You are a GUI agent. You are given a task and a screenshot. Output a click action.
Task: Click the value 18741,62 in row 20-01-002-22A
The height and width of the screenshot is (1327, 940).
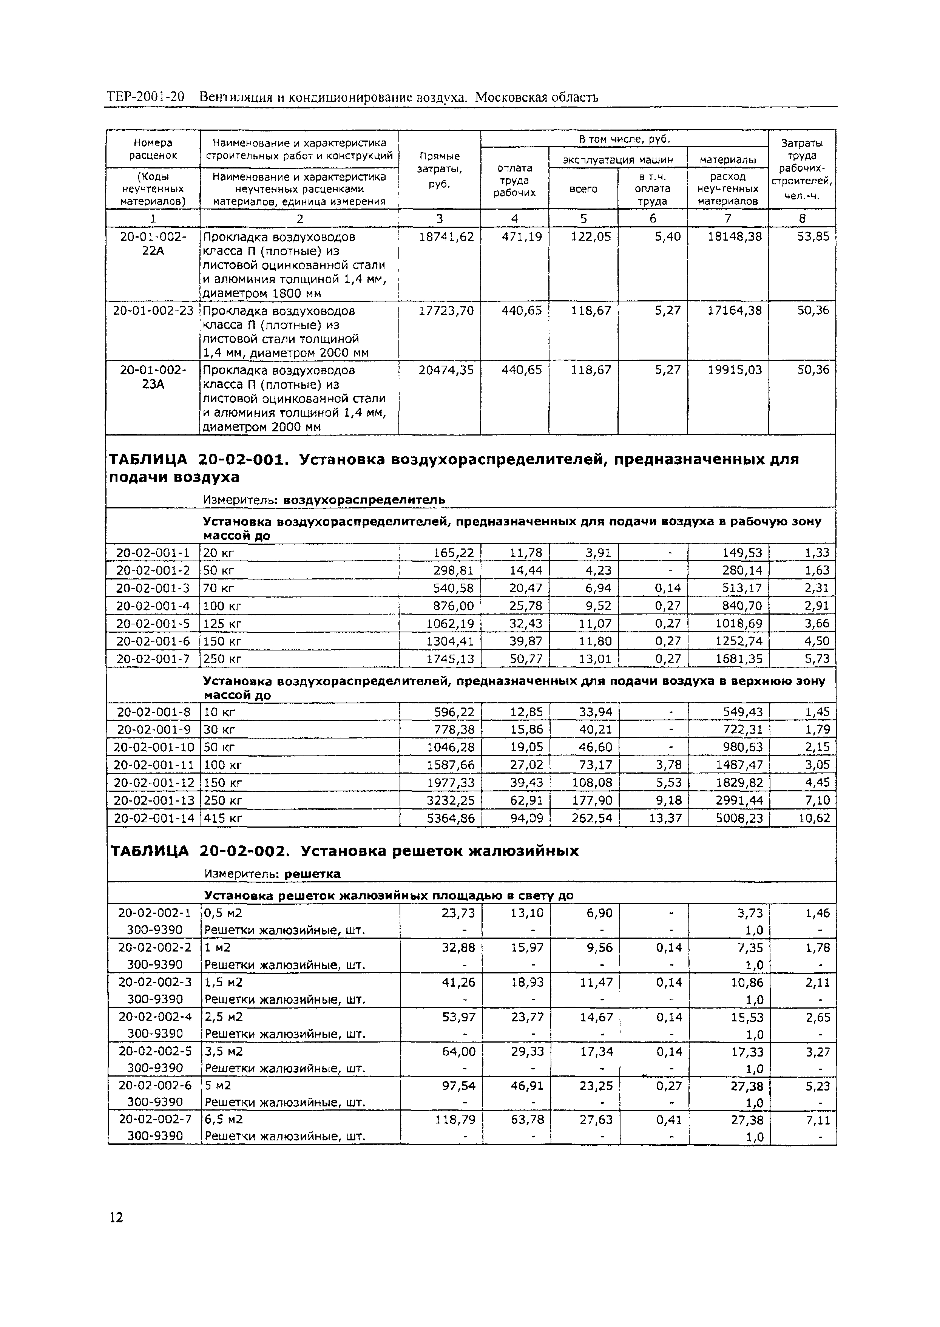(446, 237)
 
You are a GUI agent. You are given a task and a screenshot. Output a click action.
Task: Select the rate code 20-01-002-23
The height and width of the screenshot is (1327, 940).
(153, 311)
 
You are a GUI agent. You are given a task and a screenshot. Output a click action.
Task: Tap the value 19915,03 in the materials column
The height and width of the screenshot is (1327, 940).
(735, 370)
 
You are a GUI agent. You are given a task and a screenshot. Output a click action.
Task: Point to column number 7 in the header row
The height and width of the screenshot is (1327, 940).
(728, 218)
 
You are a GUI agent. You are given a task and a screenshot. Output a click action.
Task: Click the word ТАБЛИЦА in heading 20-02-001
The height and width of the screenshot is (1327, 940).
(149, 460)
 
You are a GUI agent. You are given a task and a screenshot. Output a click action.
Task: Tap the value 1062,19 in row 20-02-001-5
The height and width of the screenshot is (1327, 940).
(450, 624)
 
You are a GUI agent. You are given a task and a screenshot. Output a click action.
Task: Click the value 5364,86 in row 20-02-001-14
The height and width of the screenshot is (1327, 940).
(450, 818)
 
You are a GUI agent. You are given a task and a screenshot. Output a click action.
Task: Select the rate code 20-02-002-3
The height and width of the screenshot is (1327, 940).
(154, 983)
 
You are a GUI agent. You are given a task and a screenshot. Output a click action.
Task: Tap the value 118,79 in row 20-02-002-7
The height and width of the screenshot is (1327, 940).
(455, 1120)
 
